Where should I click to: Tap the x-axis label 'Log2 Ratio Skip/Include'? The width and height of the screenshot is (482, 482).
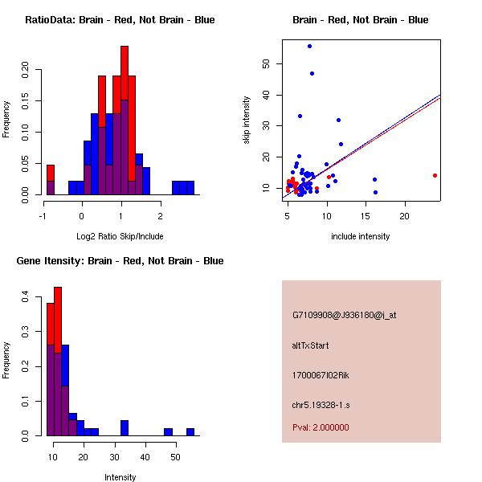click(120, 236)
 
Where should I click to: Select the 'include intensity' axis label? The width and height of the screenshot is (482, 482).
click(361, 236)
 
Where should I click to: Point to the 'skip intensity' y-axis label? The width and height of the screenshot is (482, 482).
click(247, 120)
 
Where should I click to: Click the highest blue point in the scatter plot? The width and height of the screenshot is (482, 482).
click(309, 47)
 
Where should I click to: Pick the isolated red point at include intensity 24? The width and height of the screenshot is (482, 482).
click(435, 175)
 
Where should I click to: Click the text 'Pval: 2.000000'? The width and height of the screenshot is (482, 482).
click(321, 427)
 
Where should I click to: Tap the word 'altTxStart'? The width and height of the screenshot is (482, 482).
click(311, 345)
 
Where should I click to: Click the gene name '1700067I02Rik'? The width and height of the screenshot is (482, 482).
click(321, 375)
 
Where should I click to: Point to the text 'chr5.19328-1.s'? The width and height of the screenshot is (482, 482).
click(319, 403)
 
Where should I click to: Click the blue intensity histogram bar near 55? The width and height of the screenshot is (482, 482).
click(190, 432)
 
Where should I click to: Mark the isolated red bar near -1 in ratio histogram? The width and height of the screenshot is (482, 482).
click(51, 172)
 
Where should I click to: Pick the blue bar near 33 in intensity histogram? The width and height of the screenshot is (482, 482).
click(125, 428)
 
